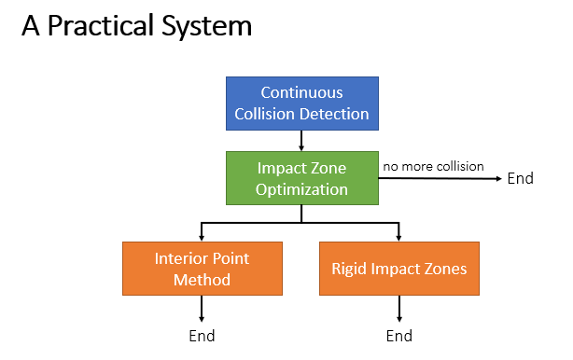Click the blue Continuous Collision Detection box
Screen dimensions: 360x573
click(301, 104)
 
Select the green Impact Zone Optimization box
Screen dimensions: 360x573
click(301, 178)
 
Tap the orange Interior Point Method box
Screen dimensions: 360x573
click(202, 269)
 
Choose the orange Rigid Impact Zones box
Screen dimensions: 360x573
click(398, 269)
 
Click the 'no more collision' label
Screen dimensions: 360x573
click(433, 166)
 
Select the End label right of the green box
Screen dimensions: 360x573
click(520, 178)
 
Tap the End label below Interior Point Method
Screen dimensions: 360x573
click(202, 336)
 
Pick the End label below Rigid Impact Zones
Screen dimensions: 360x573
click(398, 336)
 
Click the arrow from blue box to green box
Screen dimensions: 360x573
click(301, 141)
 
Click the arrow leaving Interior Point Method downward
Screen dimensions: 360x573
click(202, 309)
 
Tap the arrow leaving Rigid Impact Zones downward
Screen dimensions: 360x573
click(398, 309)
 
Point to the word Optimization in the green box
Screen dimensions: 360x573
click(301, 189)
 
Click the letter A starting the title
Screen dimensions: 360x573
click(31, 27)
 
